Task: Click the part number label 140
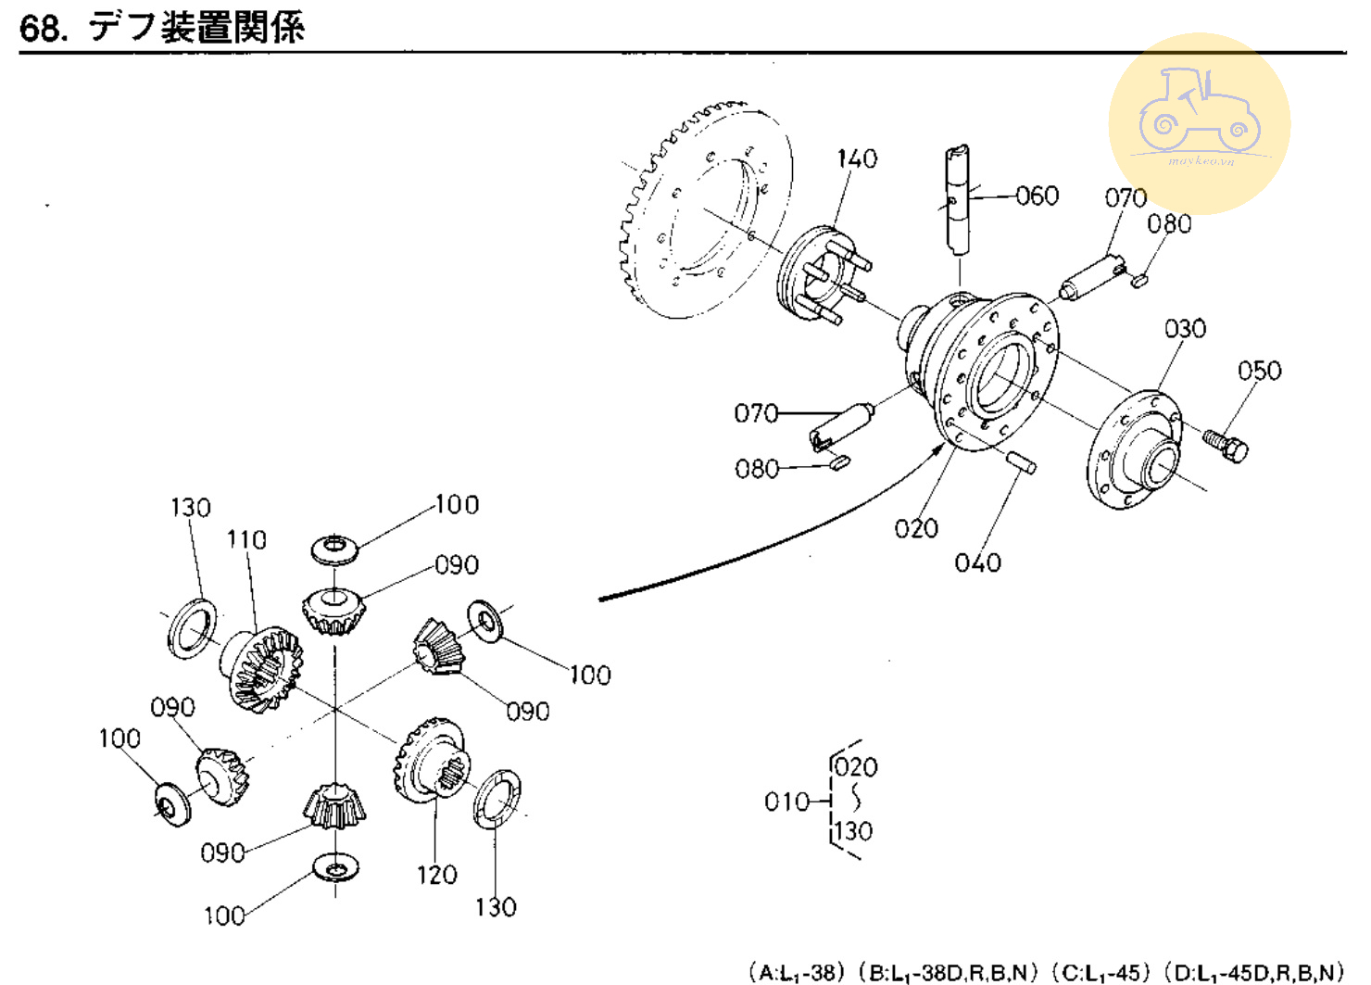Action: click(x=857, y=159)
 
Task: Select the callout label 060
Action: click(x=1037, y=196)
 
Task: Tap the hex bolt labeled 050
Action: click(x=1227, y=445)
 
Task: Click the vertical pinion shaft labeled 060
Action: click(x=958, y=198)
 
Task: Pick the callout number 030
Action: click(x=1185, y=329)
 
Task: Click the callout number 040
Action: click(x=977, y=562)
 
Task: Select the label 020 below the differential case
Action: click(x=916, y=528)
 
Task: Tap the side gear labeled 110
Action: click(x=261, y=669)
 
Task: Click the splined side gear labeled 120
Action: click(x=432, y=760)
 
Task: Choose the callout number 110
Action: click(x=246, y=539)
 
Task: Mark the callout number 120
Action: click(x=436, y=875)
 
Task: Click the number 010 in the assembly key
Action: click(x=787, y=802)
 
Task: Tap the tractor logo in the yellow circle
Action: click(x=1199, y=112)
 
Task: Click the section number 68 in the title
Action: click(x=41, y=29)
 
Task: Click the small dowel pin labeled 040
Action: click(x=1021, y=461)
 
